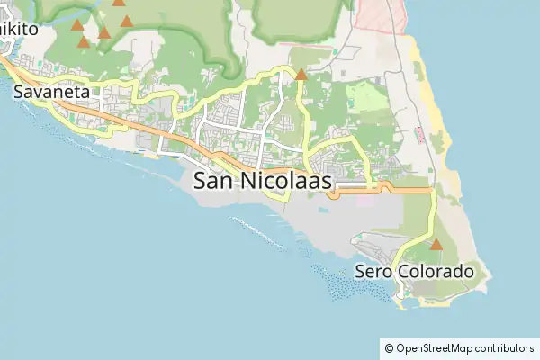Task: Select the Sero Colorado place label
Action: [414, 271]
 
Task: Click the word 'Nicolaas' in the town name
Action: [285, 181]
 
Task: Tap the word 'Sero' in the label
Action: [373, 271]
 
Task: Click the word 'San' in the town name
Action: [212, 181]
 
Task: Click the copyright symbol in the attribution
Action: [389, 347]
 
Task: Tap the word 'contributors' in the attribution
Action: [505, 347]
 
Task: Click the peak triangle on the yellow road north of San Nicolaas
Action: [301, 75]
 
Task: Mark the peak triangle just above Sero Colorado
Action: [436, 244]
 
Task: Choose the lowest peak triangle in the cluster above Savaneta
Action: [84, 41]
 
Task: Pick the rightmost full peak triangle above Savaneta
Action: [127, 21]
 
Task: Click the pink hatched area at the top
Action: [378, 16]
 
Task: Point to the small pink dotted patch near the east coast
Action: [420, 135]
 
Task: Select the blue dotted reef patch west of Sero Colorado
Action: [351, 286]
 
